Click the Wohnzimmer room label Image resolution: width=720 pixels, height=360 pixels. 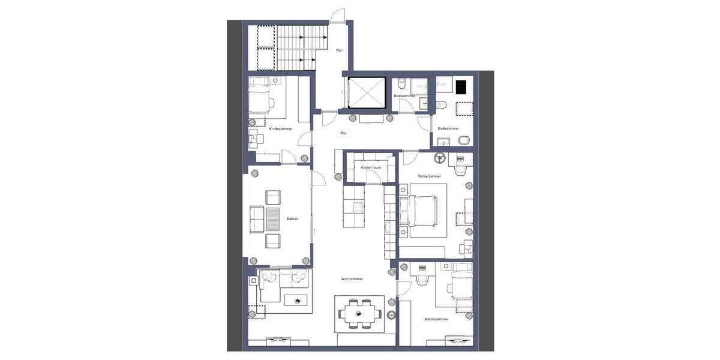(351, 279)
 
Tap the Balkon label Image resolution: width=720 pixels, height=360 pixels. (293, 219)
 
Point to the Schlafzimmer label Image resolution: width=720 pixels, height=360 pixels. (430, 176)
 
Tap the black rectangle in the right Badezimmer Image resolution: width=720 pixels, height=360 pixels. (461, 88)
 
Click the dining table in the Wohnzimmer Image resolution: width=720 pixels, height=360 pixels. (359, 313)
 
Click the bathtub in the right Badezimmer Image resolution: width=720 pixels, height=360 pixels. (463, 110)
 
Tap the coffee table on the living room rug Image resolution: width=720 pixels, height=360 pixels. (296, 299)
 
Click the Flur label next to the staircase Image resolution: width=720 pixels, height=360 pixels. (339, 50)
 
